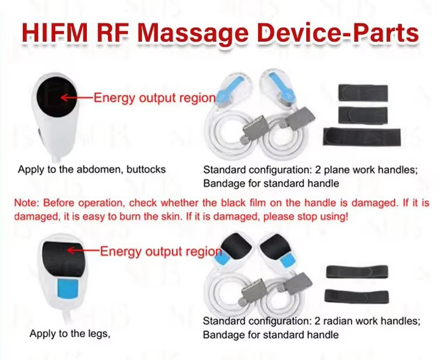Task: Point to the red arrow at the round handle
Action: [77, 97]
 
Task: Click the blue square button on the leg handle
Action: [68, 288]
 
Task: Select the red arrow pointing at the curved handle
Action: [84, 250]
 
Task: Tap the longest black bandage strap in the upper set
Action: [362, 137]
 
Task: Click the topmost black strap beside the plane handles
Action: [363, 93]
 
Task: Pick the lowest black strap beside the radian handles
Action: [357, 297]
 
